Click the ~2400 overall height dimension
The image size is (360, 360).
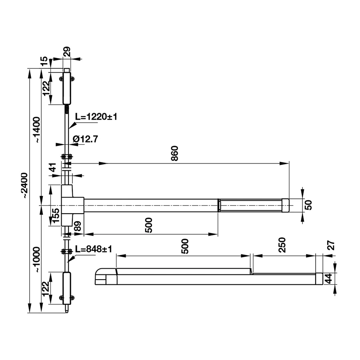(24, 186)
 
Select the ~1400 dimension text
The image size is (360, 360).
(37, 130)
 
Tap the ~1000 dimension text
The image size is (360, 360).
(37, 260)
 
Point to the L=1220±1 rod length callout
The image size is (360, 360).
(96, 117)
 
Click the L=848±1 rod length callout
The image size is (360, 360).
(94, 249)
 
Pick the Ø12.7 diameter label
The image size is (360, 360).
(86, 139)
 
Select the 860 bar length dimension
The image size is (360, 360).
(175, 153)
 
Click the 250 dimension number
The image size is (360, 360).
(282, 245)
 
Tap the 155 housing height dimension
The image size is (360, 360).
(56, 215)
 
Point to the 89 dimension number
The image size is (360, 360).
(78, 226)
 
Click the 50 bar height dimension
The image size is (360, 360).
(309, 205)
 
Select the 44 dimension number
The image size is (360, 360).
(329, 278)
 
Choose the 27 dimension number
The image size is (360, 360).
(331, 245)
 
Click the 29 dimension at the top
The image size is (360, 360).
(67, 52)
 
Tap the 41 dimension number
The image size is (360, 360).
(53, 168)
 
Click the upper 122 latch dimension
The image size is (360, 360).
(46, 88)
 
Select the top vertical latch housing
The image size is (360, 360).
(67, 88)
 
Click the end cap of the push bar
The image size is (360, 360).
(285, 205)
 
